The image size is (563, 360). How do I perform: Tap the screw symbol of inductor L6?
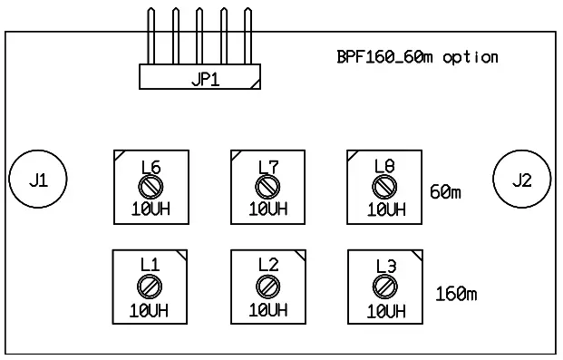coord(150,186)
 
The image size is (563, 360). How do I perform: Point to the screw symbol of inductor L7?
coord(267,186)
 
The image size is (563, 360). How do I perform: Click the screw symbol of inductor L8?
coord(384,187)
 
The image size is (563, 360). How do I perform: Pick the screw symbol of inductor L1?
coord(150,286)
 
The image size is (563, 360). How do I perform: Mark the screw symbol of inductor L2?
coord(267,286)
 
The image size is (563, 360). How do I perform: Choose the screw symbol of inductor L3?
coord(384,287)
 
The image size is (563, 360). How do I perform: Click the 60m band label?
coord(445,193)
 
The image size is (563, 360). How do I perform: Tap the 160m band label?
coord(456,294)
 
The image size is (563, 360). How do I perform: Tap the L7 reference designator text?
coord(267,167)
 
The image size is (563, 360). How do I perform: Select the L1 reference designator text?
coord(150,266)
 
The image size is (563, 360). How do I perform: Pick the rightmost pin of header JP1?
coord(245,36)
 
